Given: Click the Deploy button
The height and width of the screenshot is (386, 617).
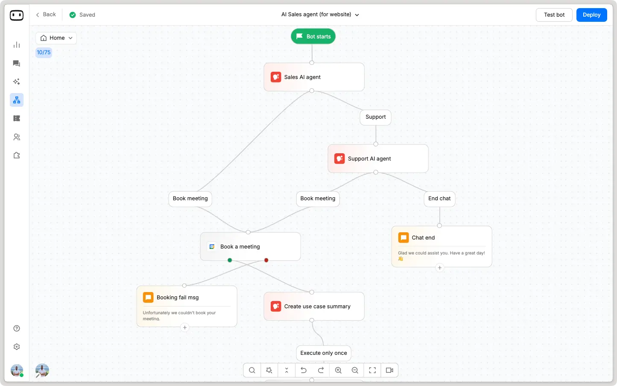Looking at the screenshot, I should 591,15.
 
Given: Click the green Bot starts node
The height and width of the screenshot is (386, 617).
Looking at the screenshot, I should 313,36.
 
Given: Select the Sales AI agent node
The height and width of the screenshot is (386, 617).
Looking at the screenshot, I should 314,77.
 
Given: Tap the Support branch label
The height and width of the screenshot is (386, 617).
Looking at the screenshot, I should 375,117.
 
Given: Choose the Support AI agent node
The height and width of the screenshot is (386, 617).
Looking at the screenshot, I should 378,159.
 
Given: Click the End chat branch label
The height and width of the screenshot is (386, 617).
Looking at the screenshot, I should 439,199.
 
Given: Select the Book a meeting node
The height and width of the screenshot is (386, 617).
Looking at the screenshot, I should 250,247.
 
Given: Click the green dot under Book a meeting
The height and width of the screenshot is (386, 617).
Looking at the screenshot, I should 230,260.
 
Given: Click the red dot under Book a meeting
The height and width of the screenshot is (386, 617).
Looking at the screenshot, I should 266,260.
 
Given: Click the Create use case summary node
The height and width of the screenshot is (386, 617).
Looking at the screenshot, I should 314,307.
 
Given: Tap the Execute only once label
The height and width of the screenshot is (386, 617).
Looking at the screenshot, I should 324,353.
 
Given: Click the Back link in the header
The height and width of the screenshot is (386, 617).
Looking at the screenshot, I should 46,15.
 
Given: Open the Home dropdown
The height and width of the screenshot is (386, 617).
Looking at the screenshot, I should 56,38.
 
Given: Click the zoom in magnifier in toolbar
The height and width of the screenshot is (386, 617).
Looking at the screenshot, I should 338,370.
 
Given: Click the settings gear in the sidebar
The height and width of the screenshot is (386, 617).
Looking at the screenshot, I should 17,347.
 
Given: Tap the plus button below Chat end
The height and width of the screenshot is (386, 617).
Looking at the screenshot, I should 439,268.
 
